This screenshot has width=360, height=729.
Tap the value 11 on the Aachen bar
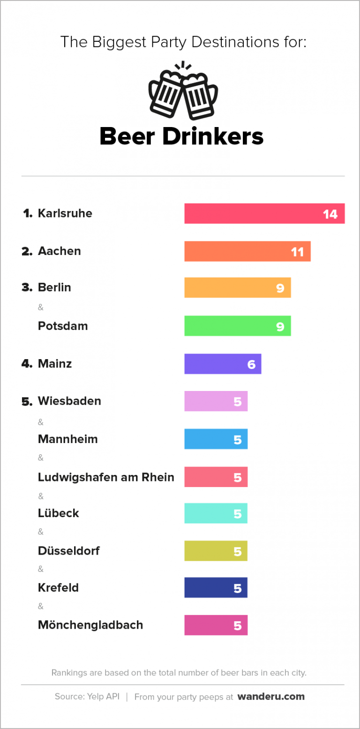click(297, 252)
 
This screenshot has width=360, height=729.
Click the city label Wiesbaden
click(69, 401)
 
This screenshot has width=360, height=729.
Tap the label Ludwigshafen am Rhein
click(106, 477)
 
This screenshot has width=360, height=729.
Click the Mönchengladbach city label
click(90, 625)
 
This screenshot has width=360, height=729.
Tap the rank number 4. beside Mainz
click(27, 364)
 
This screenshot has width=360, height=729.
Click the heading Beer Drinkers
click(182, 136)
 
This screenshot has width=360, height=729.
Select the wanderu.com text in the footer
click(271, 697)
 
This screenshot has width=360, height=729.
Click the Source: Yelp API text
click(87, 697)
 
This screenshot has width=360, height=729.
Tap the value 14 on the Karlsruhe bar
click(330, 214)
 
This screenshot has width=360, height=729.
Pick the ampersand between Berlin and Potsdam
click(40, 308)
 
